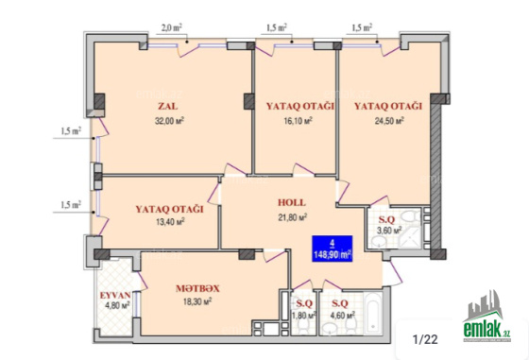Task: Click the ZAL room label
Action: point(168,106)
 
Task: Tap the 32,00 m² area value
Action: point(169,121)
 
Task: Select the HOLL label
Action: point(292,202)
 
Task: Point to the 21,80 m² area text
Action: point(292,217)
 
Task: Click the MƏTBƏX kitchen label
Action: point(197,288)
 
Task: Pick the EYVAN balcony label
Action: point(115,295)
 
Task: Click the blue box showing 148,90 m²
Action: point(333,249)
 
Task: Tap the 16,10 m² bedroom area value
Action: point(299,121)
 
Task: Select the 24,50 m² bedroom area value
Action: point(389,121)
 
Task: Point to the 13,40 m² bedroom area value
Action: point(170,222)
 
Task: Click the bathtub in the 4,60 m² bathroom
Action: point(373,312)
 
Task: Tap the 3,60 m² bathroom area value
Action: point(389,231)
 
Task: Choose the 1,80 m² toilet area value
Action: point(304,316)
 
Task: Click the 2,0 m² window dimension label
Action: point(171,27)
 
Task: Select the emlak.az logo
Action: point(486,317)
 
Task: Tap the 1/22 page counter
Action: point(425,339)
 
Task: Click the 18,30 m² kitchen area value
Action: point(197,301)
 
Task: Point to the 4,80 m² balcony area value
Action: point(117,306)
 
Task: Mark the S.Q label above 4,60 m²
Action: point(340,303)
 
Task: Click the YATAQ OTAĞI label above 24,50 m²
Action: point(388,106)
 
